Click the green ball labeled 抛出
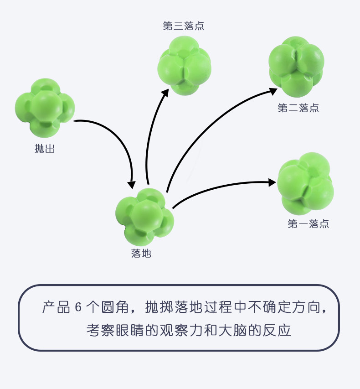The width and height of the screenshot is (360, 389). click(45, 108)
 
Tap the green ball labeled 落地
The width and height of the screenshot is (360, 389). click(145, 217)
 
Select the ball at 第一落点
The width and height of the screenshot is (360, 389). click(305, 184)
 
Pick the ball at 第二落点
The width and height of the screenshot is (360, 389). click(296, 67)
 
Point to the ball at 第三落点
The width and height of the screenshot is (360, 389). click(184, 66)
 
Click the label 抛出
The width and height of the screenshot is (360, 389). click(45, 149)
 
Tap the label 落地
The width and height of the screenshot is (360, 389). click(141, 253)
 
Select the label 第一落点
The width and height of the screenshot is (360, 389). click(308, 224)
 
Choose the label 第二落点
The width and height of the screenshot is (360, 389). click(298, 108)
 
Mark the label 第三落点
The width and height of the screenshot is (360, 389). click(184, 26)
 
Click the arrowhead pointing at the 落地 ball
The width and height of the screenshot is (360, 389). click(131, 185)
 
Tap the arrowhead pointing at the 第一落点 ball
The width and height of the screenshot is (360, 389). click(272, 182)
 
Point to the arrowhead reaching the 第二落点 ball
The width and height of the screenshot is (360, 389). click(273, 91)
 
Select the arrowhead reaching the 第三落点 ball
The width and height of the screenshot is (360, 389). click(165, 93)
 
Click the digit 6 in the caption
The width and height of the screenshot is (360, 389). click(78, 307)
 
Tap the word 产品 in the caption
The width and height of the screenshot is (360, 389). click(56, 307)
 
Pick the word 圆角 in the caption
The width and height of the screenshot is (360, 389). click(115, 307)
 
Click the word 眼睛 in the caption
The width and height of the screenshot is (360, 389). click(130, 330)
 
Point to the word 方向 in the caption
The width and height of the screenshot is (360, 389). click(306, 307)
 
